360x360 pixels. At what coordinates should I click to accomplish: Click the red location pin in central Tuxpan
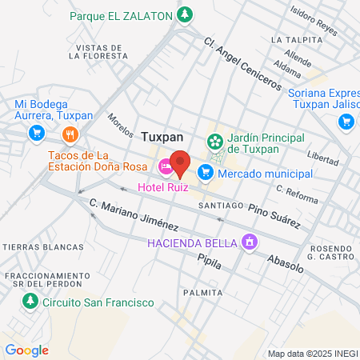[180, 162]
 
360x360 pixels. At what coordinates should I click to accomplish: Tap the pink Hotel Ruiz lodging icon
[166, 167]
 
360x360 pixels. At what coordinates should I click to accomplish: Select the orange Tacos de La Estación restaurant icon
[70, 134]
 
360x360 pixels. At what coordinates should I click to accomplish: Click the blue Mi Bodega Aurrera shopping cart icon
[35, 133]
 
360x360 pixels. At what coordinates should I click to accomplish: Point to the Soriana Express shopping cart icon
[346, 121]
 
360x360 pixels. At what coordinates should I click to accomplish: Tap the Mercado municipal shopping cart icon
[206, 171]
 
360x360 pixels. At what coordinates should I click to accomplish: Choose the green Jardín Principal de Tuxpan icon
[214, 142]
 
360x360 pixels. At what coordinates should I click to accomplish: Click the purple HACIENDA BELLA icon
[250, 240]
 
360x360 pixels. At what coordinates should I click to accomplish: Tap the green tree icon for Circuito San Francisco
[30, 302]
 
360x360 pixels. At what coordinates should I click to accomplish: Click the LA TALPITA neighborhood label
[290, 38]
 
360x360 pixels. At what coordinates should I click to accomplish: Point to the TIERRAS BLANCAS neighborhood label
[33, 246]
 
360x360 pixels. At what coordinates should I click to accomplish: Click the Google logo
[26, 350]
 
